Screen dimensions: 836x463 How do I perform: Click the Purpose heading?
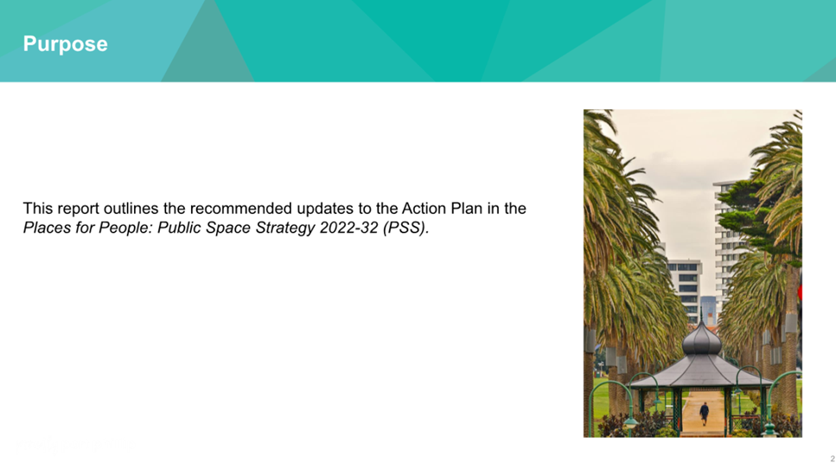pyautogui.click(x=65, y=44)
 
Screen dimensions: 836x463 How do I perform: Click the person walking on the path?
pyautogui.click(x=705, y=414)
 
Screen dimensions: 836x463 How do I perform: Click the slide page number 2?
pyautogui.click(x=833, y=458)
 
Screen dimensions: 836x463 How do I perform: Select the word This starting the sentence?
pyautogui.click(x=38, y=208)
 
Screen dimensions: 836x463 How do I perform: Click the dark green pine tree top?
pyautogui.click(x=757, y=214)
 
